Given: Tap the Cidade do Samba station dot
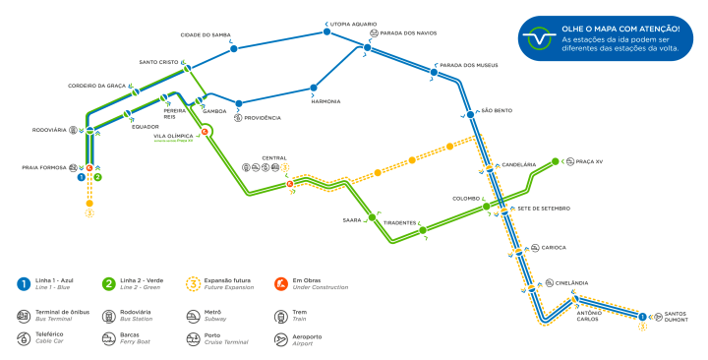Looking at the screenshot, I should [x=234, y=48].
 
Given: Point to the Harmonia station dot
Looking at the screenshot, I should [x=315, y=86].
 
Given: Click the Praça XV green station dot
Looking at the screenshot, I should [x=556, y=161].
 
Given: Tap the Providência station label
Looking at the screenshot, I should [x=264, y=118].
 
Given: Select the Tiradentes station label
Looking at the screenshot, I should [x=401, y=222].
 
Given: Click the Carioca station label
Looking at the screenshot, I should [x=553, y=248].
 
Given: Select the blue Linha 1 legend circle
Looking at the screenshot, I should [x=21, y=284].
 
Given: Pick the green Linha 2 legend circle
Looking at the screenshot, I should [x=108, y=284].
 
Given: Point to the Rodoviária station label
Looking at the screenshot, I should [x=49, y=129].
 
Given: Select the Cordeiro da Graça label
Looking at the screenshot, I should [x=96, y=86].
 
